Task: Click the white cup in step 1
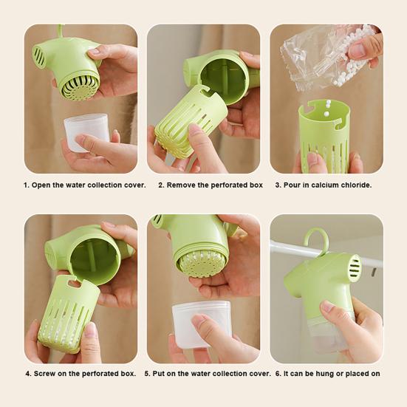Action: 86,131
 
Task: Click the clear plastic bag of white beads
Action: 329,56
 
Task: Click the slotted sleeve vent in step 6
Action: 354,265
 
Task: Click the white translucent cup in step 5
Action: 201,324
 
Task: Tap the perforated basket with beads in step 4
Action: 69,314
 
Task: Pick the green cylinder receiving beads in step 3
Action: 324,135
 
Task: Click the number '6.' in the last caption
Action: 278,374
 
